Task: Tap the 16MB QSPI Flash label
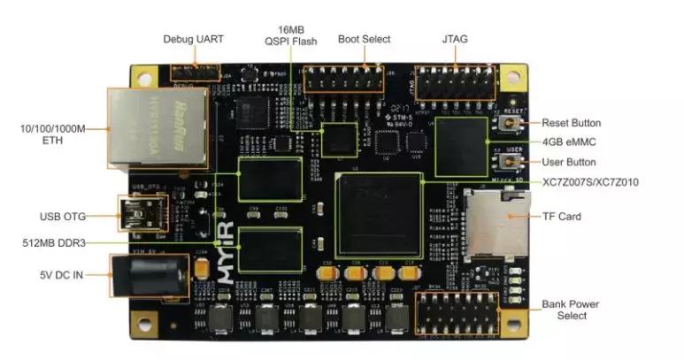tap(291, 34)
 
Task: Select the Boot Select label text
tap(364, 39)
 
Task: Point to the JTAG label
tap(455, 39)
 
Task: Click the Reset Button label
tap(571, 123)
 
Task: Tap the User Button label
tap(569, 163)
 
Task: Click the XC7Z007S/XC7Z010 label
tap(591, 182)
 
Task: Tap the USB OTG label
tap(62, 216)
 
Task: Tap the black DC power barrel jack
tap(148, 276)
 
